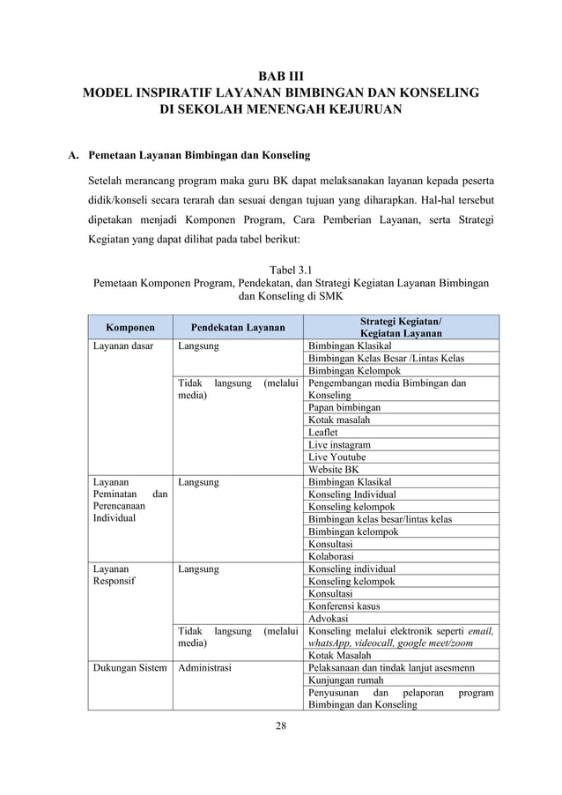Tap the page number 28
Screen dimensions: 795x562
pos(280,724)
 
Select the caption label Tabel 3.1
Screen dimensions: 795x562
pos(280,268)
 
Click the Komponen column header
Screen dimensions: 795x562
pos(125,327)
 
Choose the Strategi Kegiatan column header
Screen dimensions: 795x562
pos(401,327)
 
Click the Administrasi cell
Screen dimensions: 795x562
pos(205,668)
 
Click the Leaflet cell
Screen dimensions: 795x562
pos(322,433)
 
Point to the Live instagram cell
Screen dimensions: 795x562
pos(339,445)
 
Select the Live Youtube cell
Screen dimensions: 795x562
pos(336,457)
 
